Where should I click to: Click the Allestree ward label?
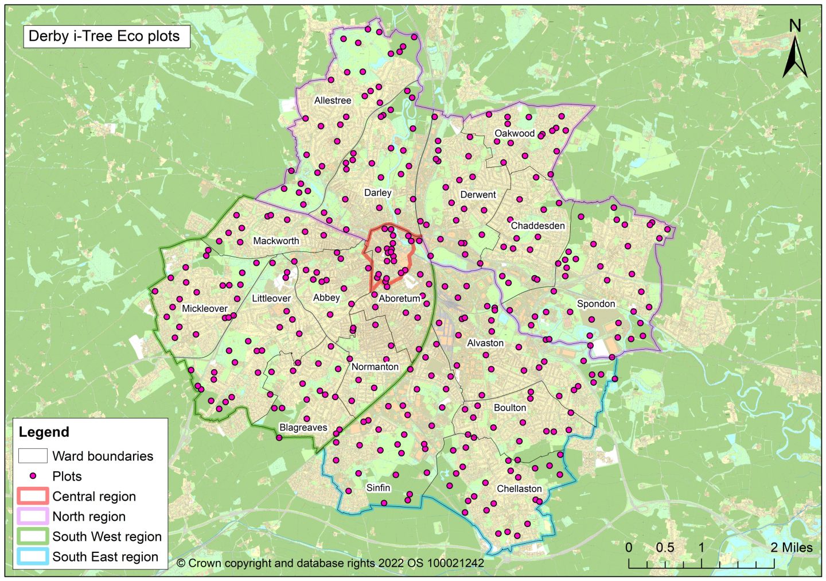coord(333,100)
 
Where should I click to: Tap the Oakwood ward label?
coord(515,133)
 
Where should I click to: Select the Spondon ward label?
coord(596,304)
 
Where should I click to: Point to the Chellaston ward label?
coord(519,489)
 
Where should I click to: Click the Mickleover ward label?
coord(205,308)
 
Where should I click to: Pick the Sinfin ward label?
coord(378,488)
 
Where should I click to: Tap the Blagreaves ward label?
coord(303,427)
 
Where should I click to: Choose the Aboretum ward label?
coord(399,299)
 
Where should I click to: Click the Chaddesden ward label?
coord(537,226)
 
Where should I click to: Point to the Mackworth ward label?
coord(276,241)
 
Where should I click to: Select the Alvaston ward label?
coord(485,343)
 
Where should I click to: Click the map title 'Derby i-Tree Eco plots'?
coord(104,36)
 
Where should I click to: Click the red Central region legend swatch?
coord(33,496)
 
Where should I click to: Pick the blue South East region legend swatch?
coord(33,556)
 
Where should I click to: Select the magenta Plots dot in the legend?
coord(33,476)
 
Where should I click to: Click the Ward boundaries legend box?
coord(33,456)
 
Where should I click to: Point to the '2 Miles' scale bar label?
coord(791,547)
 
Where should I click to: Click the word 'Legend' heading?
coord(44,432)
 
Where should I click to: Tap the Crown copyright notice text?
coord(330,563)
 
